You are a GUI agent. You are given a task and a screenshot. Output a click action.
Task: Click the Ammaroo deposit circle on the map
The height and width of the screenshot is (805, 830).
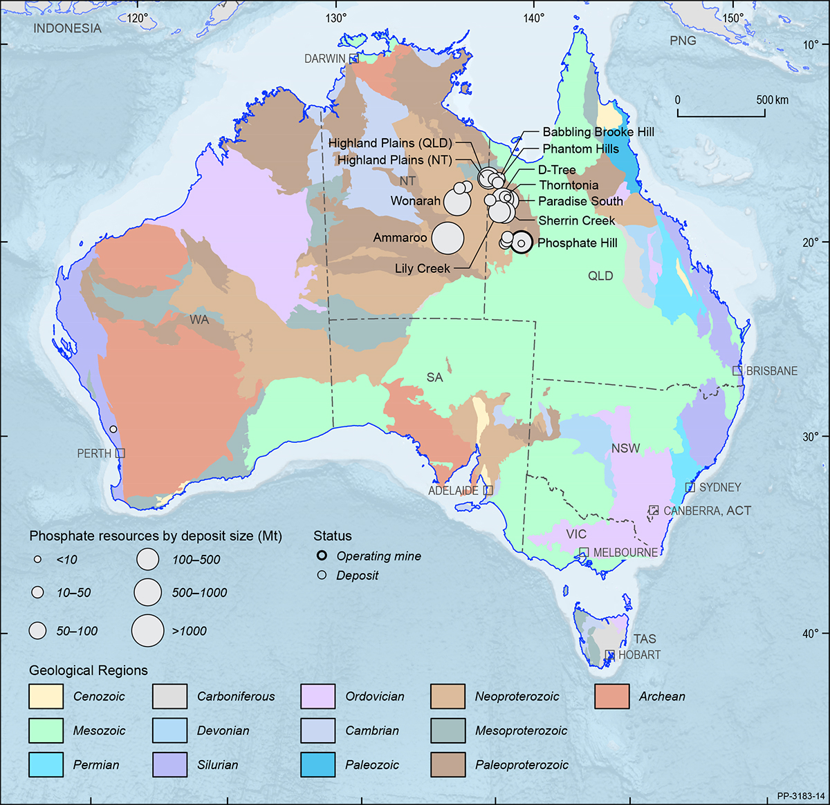point(448,238)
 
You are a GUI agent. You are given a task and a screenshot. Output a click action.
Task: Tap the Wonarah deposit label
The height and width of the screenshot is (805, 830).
point(415,201)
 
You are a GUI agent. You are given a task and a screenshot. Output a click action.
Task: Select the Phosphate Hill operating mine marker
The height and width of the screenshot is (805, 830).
point(521,243)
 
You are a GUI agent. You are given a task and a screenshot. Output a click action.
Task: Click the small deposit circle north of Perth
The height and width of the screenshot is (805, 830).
point(113,429)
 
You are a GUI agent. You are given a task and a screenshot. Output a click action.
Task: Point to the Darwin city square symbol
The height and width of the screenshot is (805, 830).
point(353,59)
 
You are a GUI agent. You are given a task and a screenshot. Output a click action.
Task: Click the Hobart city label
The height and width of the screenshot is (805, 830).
point(639,654)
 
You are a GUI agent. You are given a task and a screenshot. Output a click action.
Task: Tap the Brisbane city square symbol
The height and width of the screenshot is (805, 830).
point(737,371)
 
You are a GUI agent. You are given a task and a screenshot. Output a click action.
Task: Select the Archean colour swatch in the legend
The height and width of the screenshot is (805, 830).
point(611,697)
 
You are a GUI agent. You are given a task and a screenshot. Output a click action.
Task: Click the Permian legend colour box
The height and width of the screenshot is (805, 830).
point(46,765)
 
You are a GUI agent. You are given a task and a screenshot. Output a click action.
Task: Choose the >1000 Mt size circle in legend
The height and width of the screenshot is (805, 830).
point(147,630)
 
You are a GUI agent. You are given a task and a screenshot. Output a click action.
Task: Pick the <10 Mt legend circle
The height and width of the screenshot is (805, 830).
point(38,559)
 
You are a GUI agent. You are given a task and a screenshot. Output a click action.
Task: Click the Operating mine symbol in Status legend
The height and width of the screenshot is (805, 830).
point(322,556)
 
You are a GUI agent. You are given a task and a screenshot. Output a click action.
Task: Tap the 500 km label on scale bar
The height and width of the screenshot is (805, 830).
point(771,100)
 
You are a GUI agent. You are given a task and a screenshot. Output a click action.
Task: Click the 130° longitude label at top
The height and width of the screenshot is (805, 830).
point(336,18)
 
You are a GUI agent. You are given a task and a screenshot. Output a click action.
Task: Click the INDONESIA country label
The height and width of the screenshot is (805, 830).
point(67,28)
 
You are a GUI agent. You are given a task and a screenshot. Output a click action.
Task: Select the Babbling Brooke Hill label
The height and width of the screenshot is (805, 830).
point(598,132)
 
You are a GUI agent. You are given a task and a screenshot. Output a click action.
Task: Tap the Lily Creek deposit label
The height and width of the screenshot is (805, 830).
point(422,269)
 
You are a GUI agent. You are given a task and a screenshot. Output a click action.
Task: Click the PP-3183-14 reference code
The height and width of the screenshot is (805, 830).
point(800,795)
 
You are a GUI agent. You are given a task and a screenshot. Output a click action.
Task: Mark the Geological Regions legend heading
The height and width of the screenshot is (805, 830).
point(88,670)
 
